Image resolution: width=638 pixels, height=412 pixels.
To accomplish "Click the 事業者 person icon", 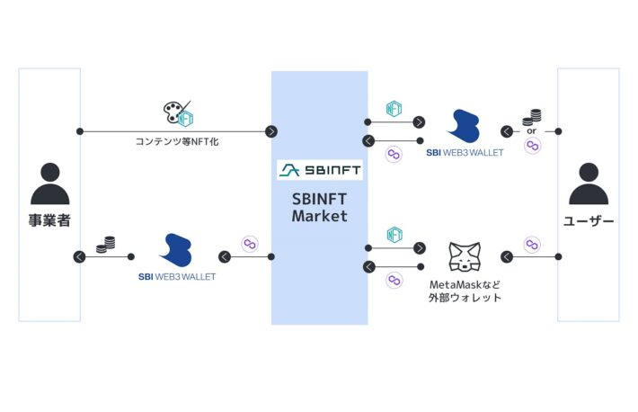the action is pyautogui.click(x=50, y=184).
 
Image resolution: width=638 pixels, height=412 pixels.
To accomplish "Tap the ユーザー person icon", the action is pyautogui.click(x=589, y=184).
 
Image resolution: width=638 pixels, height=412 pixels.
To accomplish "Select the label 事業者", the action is pyautogui.click(x=49, y=220).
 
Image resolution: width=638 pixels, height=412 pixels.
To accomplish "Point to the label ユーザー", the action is pyautogui.click(x=589, y=221).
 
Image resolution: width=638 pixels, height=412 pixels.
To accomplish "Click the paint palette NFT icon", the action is pyautogui.click(x=178, y=113).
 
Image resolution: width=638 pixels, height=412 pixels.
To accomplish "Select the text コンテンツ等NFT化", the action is pyautogui.click(x=177, y=141).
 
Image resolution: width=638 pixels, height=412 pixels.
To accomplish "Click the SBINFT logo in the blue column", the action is pyautogui.click(x=320, y=169).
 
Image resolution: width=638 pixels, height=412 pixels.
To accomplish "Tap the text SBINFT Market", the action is pyautogui.click(x=319, y=208).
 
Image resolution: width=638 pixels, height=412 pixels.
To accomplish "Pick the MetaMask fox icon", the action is pyautogui.click(x=465, y=256).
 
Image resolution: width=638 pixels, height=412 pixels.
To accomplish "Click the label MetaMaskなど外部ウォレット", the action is pyautogui.click(x=465, y=291).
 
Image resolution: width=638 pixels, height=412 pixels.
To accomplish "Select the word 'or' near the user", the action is pyautogui.click(x=531, y=131).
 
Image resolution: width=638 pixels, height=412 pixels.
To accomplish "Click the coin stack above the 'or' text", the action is pyautogui.click(x=532, y=117).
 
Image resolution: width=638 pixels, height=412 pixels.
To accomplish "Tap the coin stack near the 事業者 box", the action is pyautogui.click(x=106, y=245).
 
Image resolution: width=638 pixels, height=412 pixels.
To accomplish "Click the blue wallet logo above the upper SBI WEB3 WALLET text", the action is pyautogui.click(x=465, y=126).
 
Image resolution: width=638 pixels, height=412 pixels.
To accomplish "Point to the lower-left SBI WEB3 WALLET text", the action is pyautogui.click(x=177, y=277).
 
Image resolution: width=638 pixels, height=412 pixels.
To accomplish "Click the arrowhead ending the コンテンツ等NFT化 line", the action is pyautogui.click(x=271, y=131).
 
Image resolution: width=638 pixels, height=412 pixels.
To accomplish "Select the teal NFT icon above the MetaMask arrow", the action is pyautogui.click(x=394, y=235).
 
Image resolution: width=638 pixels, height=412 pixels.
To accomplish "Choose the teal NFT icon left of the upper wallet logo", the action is pyautogui.click(x=394, y=109).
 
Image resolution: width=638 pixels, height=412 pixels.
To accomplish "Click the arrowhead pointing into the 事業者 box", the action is pyautogui.click(x=79, y=256).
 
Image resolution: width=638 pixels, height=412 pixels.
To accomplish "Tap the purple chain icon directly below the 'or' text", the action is pyautogui.click(x=533, y=146).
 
